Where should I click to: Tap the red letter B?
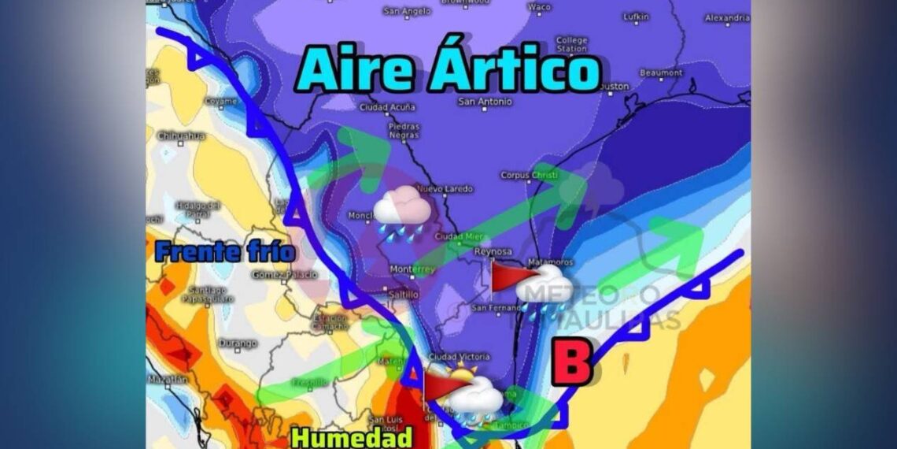pyautogui.click(x=571, y=363)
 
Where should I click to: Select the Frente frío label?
pyautogui.click(x=225, y=252)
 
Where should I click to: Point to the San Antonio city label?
pyautogui.click(x=485, y=102)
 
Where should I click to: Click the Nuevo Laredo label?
pyautogui.click(x=445, y=188)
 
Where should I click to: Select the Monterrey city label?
pyautogui.click(x=412, y=269)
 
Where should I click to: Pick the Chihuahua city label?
pyautogui.click(x=181, y=135)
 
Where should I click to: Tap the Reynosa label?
pyautogui.click(x=493, y=251)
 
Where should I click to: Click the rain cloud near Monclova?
pyautogui.click(x=401, y=211)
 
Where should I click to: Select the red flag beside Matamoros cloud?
pyautogui.click(x=505, y=276)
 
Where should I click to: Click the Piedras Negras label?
pyautogui.click(x=404, y=130)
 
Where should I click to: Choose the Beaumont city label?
pyautogui.click(x=661, y=72)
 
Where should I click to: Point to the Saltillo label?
pyautogui.click(x=404, y=295)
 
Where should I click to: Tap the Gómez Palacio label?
pyautogui.click(x=285, y=275)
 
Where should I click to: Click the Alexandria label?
pyautogui.click(x=727, y=17)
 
